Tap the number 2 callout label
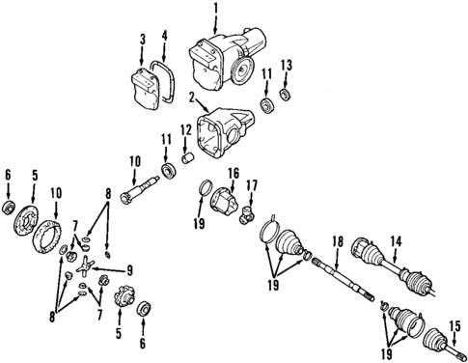click(192, 97)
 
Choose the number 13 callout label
click(284, 65)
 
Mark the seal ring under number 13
click(284, 95)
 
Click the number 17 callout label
click(252, 185)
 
